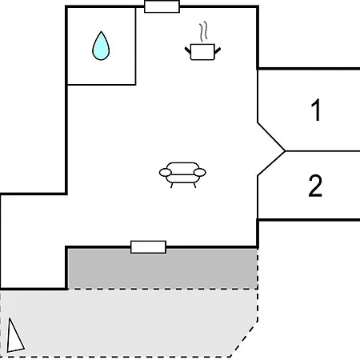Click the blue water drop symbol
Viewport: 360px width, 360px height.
point(101,46)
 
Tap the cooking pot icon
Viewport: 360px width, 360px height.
point(202,52)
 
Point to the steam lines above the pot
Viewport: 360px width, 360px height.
point(203,31)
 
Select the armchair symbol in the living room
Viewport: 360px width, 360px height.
point(182,174)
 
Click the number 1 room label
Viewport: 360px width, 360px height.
point(316,110)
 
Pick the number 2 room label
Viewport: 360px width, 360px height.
point(315,186)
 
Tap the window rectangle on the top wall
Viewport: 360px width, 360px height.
point(162,6)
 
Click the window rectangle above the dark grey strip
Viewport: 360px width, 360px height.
point(148,247)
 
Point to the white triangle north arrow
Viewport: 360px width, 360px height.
point(15,336)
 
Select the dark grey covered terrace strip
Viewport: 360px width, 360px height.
point(162,269)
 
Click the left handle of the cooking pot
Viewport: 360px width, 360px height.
point(188,50)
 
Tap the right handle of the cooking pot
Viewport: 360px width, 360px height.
point(218,50)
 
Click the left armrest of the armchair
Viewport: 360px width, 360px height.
point(166,173)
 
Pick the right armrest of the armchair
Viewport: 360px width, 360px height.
point(200,173)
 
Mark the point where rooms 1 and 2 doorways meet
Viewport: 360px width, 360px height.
point(285,151)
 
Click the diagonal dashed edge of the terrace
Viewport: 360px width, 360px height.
point(244,338)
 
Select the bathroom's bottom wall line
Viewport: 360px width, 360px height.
point(102,85)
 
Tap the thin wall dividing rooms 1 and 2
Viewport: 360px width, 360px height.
point(322,151)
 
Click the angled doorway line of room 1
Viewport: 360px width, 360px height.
point(271,137)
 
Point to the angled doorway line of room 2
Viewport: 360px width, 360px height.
point(271,163)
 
